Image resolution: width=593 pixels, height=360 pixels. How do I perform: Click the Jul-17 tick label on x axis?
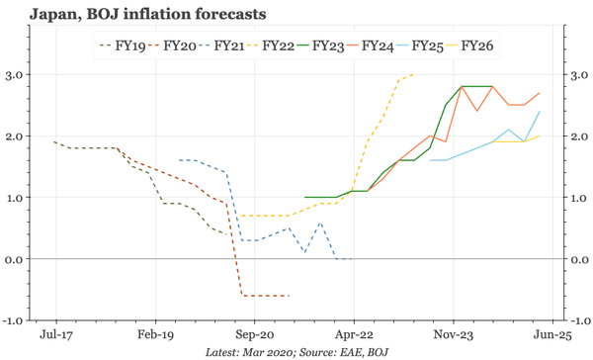[53, 335]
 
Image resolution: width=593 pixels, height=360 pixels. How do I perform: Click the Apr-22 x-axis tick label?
[354, 335]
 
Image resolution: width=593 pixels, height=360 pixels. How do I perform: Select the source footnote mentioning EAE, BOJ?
[296, 351]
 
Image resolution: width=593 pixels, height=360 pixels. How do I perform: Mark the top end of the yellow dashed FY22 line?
[414, 75]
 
